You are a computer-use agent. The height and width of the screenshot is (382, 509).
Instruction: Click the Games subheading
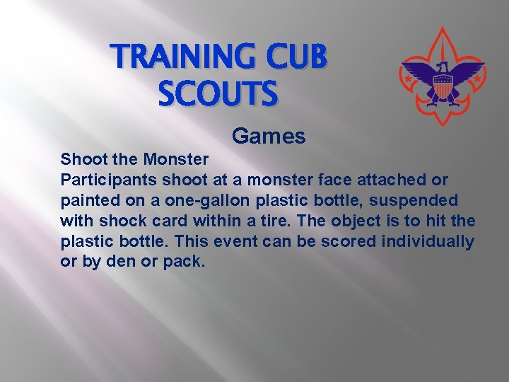point(269,136)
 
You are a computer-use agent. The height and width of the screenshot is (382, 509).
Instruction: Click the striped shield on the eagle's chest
point(442,88)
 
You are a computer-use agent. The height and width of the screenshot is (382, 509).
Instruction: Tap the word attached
point(386,180)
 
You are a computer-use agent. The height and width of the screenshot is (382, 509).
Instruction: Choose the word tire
point(288,221)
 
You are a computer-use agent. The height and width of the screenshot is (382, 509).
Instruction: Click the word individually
point(428,241)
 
